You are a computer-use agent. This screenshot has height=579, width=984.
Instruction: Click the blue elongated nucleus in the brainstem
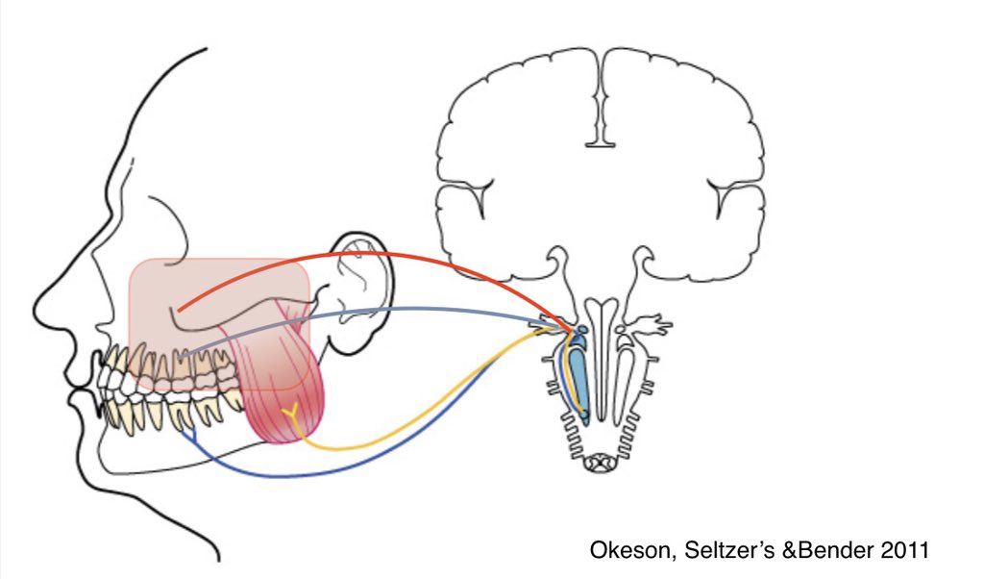pos(578,380)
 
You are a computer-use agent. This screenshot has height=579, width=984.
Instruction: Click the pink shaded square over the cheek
pos(192,289)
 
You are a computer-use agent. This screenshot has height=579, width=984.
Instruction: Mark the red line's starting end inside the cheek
pos(179,310)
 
